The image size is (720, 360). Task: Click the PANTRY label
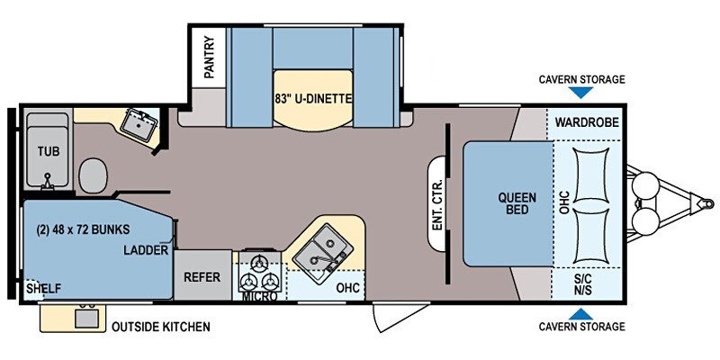209,57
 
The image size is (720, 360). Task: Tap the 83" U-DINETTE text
313,98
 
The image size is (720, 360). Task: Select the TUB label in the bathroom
49,151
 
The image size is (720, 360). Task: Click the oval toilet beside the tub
94,175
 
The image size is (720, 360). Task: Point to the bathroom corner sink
139,124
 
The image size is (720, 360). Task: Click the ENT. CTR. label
437,204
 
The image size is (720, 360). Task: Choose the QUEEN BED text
517,204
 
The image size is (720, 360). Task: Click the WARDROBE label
587,122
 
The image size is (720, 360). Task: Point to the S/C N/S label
582,284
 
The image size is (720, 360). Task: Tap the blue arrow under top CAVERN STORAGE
580,93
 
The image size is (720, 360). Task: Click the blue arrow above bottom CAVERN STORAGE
580,314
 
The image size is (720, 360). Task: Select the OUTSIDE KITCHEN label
161,327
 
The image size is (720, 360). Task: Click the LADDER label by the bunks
146,250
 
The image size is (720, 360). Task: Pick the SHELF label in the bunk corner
43,289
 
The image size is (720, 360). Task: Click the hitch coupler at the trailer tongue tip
706,203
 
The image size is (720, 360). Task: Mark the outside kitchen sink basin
86,319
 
